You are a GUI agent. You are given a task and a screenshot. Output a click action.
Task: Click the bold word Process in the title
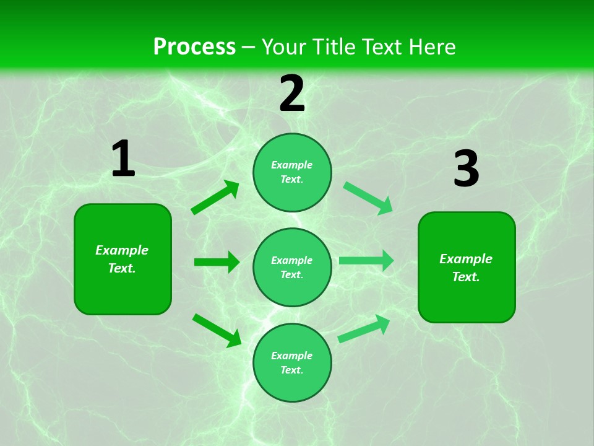coord(194,46)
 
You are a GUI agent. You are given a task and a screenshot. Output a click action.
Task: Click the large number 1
coord(123,159)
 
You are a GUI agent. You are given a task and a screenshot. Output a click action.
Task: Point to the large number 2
coord(292,94)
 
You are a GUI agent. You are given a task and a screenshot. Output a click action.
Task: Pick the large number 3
coord(466,169)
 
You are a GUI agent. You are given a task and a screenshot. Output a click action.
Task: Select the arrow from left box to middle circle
coord(217,262)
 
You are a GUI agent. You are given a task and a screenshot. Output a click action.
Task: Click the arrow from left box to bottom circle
coord(217,330)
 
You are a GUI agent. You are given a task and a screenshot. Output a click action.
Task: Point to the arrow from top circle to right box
coord(368,198)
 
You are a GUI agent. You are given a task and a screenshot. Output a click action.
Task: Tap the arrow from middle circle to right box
coord(366,261)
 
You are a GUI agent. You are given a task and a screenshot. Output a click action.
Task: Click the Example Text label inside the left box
coord(122,259)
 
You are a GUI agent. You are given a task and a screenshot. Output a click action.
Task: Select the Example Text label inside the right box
coord(466,268)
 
